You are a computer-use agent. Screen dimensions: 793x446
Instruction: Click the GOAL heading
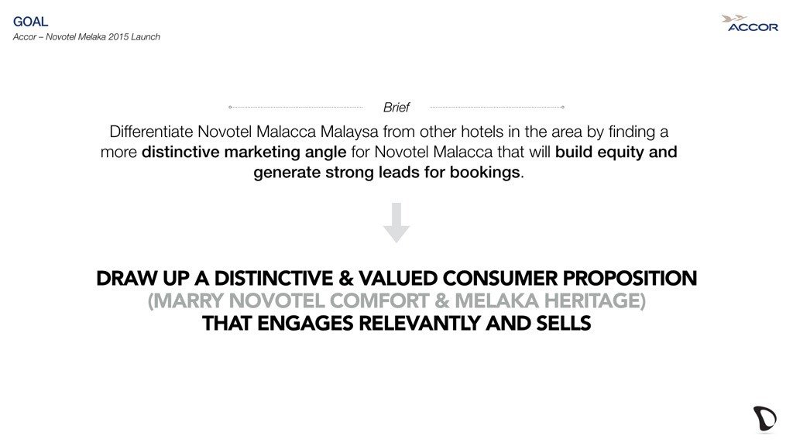[30, 21]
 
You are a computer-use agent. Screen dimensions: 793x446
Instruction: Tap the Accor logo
[750, 24]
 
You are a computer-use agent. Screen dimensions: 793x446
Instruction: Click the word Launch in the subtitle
[146, 37]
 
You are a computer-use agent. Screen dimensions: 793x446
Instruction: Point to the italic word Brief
[396, 107]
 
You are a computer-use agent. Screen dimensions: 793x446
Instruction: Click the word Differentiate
[151, 132]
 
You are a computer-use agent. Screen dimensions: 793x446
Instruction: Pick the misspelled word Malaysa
[349, 132]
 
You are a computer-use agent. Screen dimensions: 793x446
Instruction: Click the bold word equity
[620, 153]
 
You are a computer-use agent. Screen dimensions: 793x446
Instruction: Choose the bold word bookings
[485, 173]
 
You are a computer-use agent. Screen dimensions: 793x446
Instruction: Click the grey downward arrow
[396, 222]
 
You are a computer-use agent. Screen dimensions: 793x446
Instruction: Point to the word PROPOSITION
[630, 279]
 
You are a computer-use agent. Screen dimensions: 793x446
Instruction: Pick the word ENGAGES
[305, 323]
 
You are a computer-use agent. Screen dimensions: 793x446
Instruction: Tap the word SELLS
[564, 323]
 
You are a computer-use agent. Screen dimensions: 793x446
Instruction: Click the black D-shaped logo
[764, 419]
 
